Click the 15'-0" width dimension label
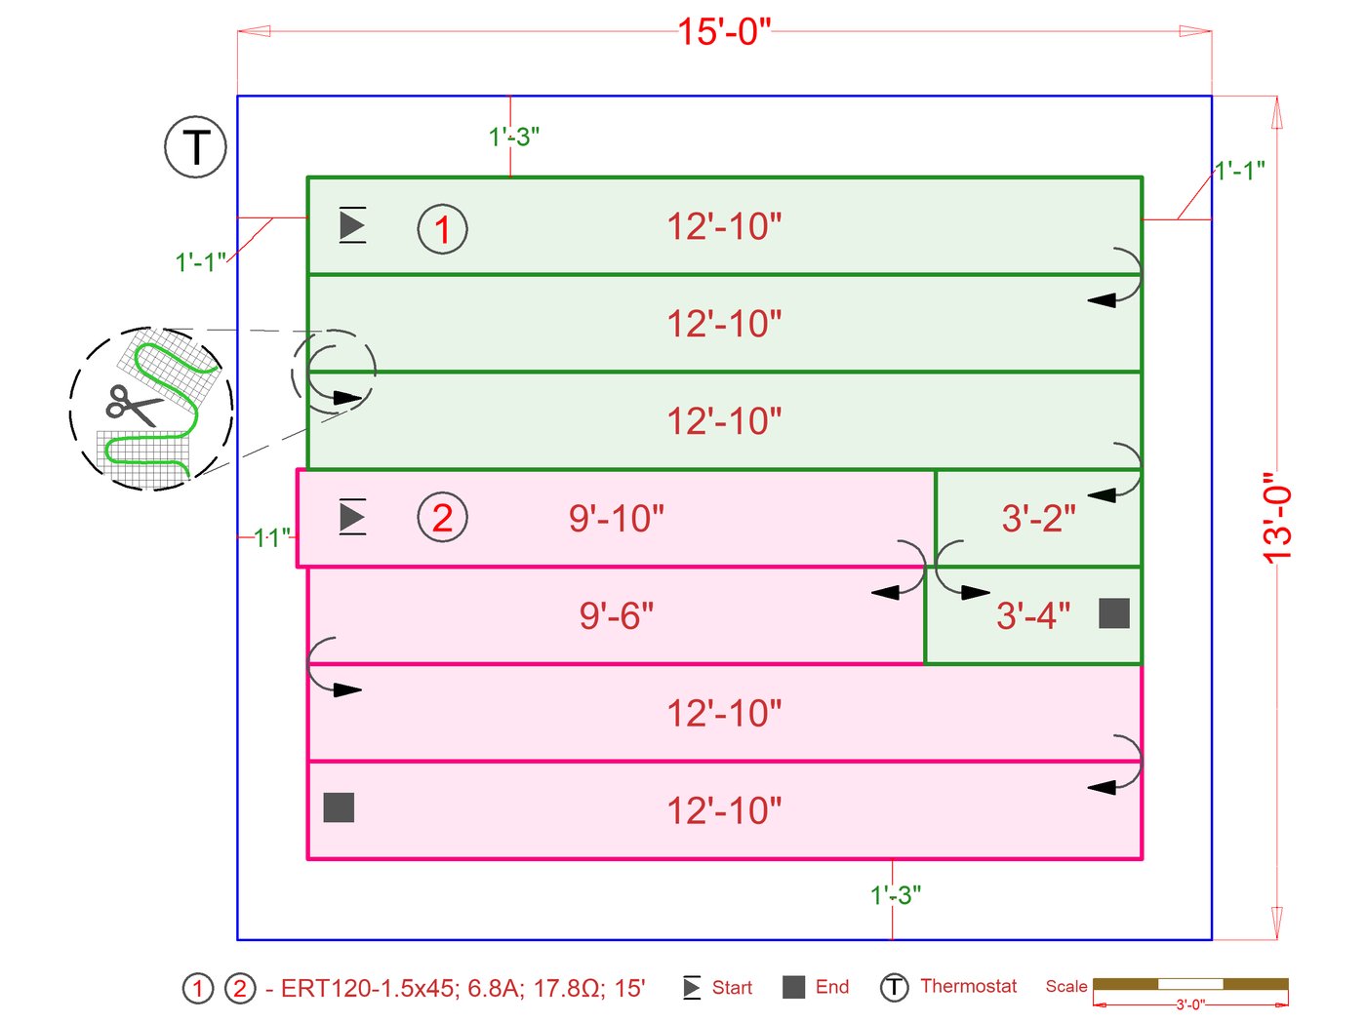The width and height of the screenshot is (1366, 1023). [x=724, y=31]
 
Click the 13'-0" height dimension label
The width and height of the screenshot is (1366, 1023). [x=1277, y=517]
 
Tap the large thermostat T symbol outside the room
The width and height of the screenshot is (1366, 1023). [x=195, y=146]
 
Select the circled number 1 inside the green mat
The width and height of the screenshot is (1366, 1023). [x=442, y=230]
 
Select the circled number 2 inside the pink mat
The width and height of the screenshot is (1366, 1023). [x=442, y=518]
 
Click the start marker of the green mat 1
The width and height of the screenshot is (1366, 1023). [x=352, y=225]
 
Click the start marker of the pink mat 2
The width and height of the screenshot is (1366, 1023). [x=352, y=517]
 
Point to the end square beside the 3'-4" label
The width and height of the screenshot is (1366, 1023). [x=1114, y=613]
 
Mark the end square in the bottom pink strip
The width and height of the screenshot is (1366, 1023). [x=339, y=807]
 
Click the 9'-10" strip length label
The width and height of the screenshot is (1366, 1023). [x=617, y=519]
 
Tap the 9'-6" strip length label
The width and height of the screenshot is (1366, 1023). [x=617, y=616]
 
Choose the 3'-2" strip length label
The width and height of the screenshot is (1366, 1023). [x=1038, y=519]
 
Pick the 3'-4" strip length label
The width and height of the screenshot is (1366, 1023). [x=1033, y=616]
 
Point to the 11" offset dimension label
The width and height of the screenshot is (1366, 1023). [x=272, y=537]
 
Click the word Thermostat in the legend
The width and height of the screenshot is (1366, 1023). [x=968, y=986]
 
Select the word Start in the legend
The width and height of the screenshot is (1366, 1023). [x=732, y=988]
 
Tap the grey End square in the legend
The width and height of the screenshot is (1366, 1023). [x=794, y=987]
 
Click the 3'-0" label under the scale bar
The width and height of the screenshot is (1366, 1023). [x=1189, y=1004]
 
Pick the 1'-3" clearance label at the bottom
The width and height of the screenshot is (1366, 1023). [x=896, y=895]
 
